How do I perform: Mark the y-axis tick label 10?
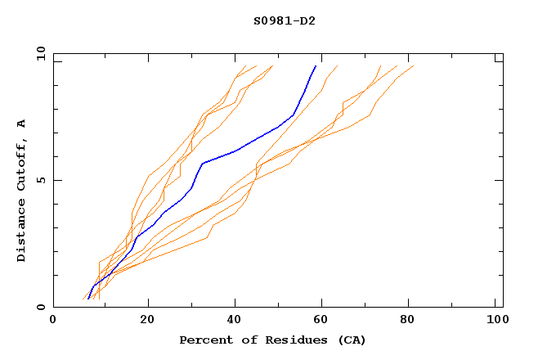click(x=40, y=53)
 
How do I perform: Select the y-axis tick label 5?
click(x=40, y=180)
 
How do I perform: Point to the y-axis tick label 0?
click(x=40, y=307)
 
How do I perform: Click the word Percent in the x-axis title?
click(x=204, y=340)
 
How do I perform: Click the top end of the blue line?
click(x=316, y=65)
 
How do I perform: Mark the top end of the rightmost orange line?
click(x=414, y=65)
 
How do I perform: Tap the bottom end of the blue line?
click(x=87, y=299)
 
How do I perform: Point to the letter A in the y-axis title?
click(x=22, y=124)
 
